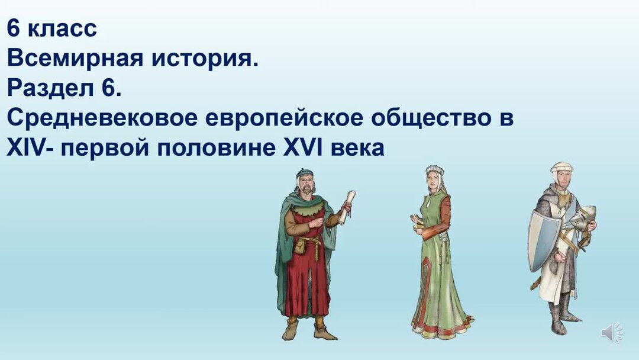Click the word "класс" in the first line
pyautogui.click(x=62, y=28)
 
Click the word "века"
pyautogui.click(x=357, y=147)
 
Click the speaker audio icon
pyautogui.click(x=611, y=333)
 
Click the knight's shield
pyautogui.click(x=543, y=240)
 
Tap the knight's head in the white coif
pyautogui.click(x=561, y=174)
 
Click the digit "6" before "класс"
pyautogui.click(x=14, y=28)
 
